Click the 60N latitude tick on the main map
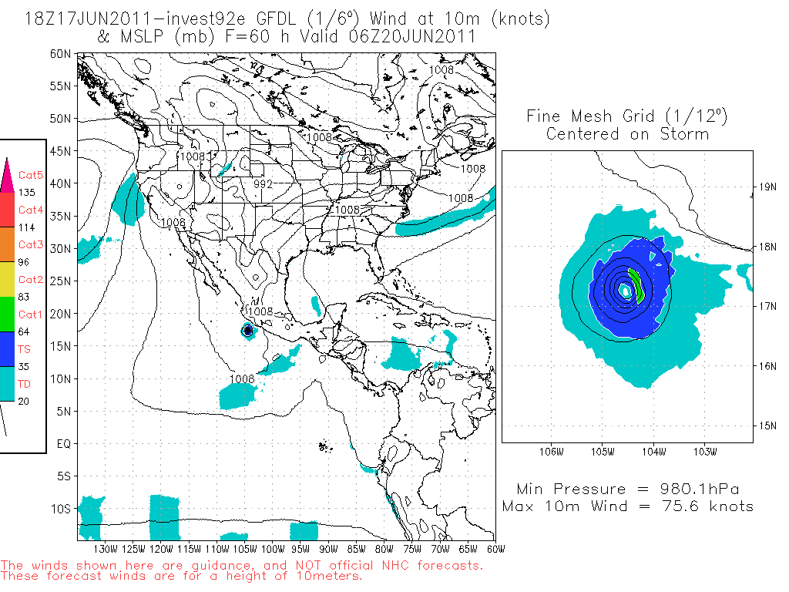62,53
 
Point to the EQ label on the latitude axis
64,444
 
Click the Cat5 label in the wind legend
30,176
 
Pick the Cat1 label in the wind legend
30,314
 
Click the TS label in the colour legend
25,348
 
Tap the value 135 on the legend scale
26,193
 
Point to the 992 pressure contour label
263,184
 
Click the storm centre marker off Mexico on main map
247,330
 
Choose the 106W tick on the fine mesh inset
550,451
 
